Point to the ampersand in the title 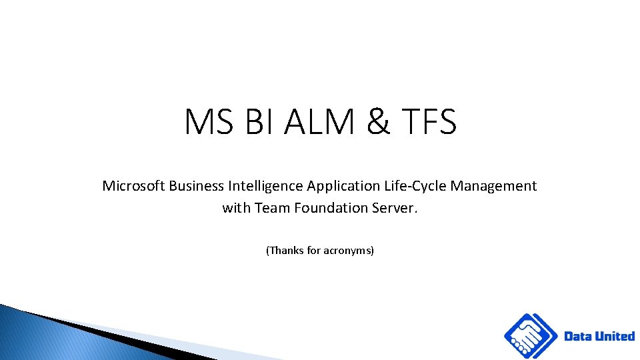(x=378, y=123)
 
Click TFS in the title (x=430, y=123)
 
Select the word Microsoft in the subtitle (x=133, y=186)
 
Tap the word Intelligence (x=266, y=186)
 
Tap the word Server (x=396, y=208)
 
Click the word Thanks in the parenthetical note (x=286, y=251)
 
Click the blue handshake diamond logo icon (x=531, y=336)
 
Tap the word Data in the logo (x=578, y=336)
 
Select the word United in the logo (x=615, y=336)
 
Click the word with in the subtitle (x=237, y=208)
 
